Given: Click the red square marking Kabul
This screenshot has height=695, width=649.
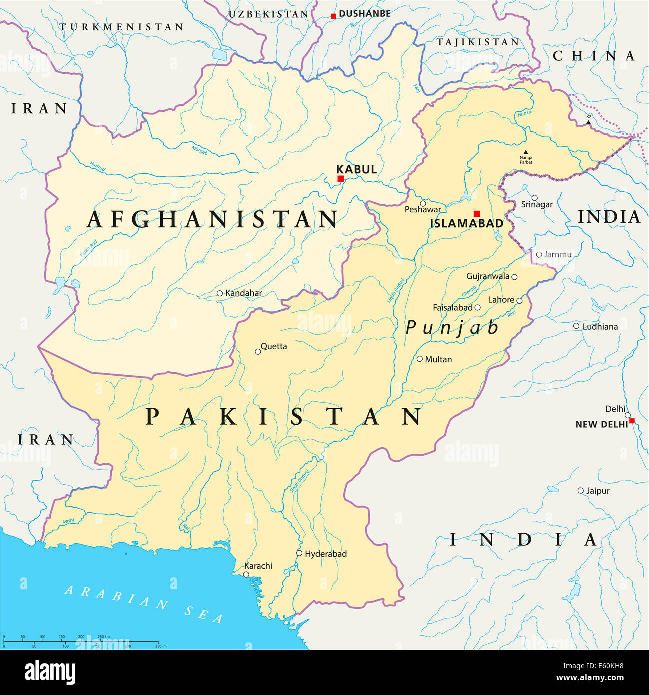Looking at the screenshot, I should (340, 179).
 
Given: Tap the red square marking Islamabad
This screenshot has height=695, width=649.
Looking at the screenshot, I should (477, 214).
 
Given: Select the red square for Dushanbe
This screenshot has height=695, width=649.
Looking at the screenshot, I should (333, 16).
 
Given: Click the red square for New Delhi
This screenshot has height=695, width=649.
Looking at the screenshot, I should (632, 421).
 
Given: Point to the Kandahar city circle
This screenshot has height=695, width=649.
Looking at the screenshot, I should (219, 293).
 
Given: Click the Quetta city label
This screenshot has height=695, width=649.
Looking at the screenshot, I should (274, 346).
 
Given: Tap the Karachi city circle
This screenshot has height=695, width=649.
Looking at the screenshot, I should (246, 575).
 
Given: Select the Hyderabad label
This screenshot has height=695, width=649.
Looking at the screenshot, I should (326, 554).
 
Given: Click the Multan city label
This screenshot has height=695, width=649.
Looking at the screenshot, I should (438, 359).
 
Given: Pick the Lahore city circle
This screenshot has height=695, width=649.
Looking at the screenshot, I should (519, 301).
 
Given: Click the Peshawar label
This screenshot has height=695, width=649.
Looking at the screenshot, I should (423, 210).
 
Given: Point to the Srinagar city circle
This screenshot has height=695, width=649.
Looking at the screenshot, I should (534, 198).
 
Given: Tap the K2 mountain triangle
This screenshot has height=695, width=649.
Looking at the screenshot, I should (588, 122).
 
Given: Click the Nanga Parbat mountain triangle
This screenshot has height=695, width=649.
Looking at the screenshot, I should (525, 152).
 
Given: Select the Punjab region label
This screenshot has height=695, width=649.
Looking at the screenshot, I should (452, 328).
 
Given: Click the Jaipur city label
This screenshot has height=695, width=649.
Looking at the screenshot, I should (598, 491).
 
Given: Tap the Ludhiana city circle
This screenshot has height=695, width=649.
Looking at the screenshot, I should (576, 326).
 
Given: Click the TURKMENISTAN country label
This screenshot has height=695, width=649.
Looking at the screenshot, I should (122, 27).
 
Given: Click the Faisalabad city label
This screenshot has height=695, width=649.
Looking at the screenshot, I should (453, 308).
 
